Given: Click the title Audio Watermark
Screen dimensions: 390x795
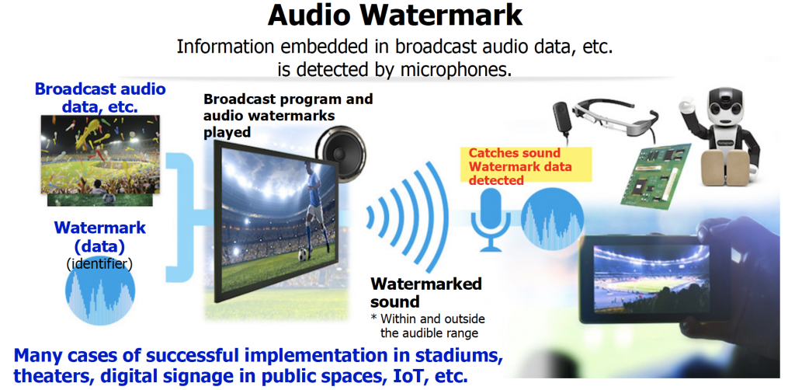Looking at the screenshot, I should click(x=396, y=16).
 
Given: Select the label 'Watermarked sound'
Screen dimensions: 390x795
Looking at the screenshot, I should click(x=425, y=292).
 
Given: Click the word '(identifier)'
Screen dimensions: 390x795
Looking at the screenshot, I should click(x=99, y=264).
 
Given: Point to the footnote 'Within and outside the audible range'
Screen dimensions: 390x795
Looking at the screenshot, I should click(x=425, y=326).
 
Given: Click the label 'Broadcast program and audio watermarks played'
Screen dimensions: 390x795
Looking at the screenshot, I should click(x=288, y=115).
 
